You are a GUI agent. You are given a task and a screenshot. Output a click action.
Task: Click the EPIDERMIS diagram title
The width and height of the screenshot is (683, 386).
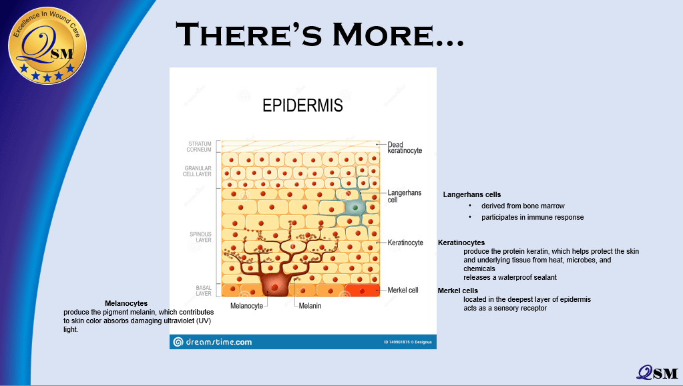[x=302, y=106]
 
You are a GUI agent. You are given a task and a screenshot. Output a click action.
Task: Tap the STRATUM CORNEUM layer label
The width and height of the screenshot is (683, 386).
[x=199, y=147]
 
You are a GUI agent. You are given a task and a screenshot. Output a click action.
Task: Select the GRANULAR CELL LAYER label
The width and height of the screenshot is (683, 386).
[x=198, y=171]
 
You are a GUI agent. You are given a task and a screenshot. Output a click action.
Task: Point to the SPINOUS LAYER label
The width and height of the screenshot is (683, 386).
[x=200, y=237]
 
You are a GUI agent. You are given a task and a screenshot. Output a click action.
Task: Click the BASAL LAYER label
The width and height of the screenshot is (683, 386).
[x=204, y=291]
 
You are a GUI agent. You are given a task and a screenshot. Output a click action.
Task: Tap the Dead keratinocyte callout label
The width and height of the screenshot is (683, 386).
[x=405, y=148]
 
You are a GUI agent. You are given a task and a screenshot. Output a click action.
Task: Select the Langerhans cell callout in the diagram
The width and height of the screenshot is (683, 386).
[x=404, y=196]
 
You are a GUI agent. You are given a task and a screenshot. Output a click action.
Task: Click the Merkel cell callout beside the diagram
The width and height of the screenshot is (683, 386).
[x=403, y=290]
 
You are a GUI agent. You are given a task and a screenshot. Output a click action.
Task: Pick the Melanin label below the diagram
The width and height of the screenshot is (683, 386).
[x=310, y=306]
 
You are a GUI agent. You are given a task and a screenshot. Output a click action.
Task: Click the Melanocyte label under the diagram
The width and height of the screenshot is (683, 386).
[x=246, y=306]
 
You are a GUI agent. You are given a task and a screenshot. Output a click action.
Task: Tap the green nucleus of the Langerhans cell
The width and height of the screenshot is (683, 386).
[x=355, y=208]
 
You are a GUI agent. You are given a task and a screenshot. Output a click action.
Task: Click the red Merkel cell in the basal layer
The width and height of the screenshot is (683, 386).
[x=362, y=290]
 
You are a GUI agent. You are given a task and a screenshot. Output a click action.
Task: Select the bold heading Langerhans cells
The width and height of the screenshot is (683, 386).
[x=472, y=195]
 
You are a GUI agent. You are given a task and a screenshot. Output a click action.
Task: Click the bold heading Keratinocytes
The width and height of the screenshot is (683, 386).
[x=461, y=242]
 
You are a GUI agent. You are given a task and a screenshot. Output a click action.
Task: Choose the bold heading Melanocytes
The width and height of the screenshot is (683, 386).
[x=126, y=303]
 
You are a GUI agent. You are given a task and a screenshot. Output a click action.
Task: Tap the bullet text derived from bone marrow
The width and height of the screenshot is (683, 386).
[x=523, y=206]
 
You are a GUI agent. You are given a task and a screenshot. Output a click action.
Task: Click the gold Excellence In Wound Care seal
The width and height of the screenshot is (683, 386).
[x=47, y=45]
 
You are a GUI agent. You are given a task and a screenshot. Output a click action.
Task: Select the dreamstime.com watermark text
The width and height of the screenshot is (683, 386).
[x=219, y=342]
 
